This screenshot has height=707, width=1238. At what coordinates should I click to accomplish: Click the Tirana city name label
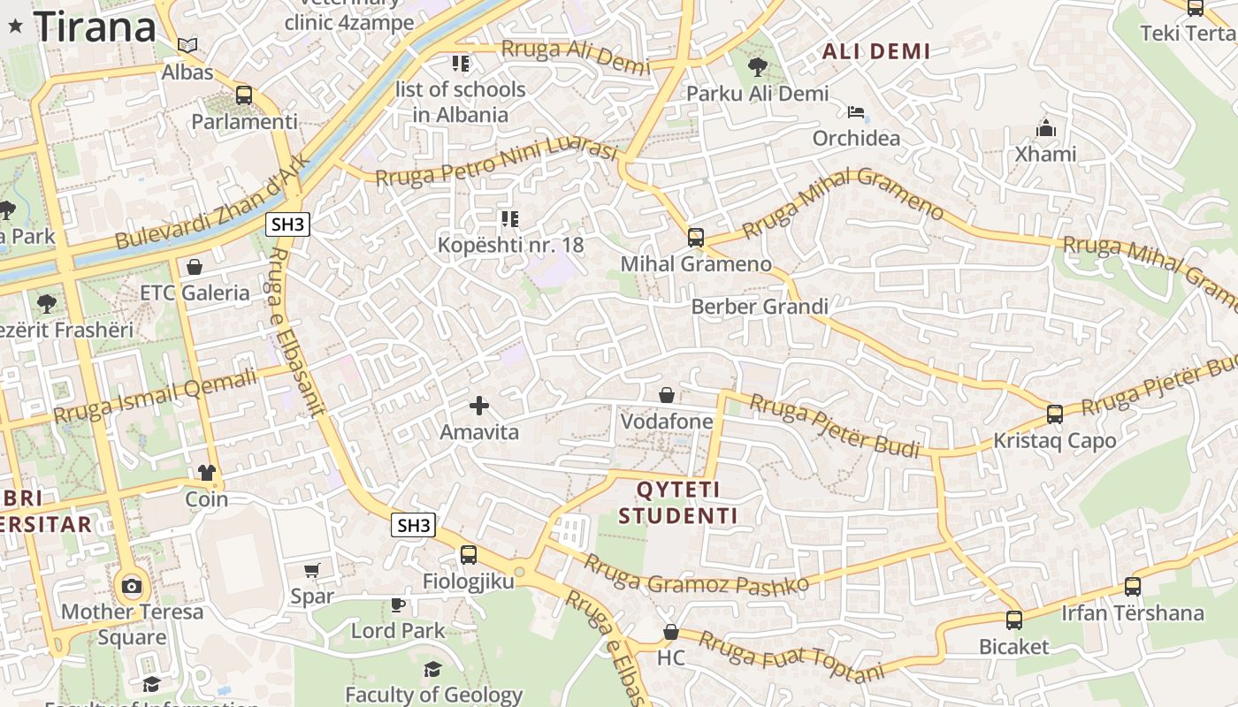95,27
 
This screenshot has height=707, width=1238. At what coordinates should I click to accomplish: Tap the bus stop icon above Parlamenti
244,95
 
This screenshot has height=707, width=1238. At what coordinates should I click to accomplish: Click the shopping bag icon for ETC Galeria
195,266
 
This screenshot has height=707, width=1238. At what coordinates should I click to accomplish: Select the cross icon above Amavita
479,406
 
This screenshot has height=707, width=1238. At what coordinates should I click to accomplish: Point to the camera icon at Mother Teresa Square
132,585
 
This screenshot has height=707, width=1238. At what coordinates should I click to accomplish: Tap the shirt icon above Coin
207,472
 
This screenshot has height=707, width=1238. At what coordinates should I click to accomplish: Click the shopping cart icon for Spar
311,570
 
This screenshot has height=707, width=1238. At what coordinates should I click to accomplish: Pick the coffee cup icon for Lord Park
398,604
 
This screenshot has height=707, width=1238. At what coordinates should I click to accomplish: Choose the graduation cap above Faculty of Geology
432,669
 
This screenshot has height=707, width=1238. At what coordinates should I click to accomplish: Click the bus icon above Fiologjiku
469,555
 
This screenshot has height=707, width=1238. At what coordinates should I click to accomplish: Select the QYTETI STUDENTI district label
678,503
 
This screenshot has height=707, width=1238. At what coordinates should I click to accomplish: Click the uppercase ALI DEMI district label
876,51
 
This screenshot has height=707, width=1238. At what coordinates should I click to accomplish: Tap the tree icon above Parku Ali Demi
757,66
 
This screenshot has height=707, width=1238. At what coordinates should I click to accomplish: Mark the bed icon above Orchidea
856,112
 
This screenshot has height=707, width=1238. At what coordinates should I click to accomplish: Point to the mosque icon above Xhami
1046,129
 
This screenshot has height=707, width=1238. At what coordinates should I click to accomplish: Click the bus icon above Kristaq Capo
1055,414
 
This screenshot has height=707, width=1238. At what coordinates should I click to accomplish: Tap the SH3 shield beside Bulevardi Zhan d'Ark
288,224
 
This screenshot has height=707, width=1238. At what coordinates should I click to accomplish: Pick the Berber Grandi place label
760,307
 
